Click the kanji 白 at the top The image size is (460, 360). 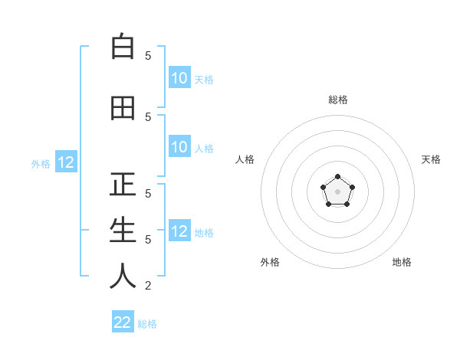coord(123,47)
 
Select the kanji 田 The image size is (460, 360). coord(123,108)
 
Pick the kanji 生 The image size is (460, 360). coord(123,231)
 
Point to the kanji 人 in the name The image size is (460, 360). coord(123,277)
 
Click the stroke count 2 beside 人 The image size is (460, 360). coord(148,286)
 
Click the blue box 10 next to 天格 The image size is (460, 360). coord(179,78)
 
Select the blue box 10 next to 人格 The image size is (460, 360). coord(179,147)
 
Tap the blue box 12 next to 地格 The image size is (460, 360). coord(179,231)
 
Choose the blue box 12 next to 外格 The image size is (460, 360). coord(66,162)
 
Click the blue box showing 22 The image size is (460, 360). coord(123,322)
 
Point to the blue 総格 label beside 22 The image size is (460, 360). coord(147,324)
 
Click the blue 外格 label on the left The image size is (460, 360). coord(40,163)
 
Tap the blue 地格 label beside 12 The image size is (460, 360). coord(204,232)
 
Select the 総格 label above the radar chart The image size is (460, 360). coord(337,100)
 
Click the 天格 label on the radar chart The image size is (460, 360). coord(431,159)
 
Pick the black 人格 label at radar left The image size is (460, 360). coord(245,159)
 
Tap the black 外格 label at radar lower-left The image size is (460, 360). coord(270,262)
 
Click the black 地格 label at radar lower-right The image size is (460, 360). coord(402,262)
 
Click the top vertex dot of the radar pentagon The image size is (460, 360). coord(337,178)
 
